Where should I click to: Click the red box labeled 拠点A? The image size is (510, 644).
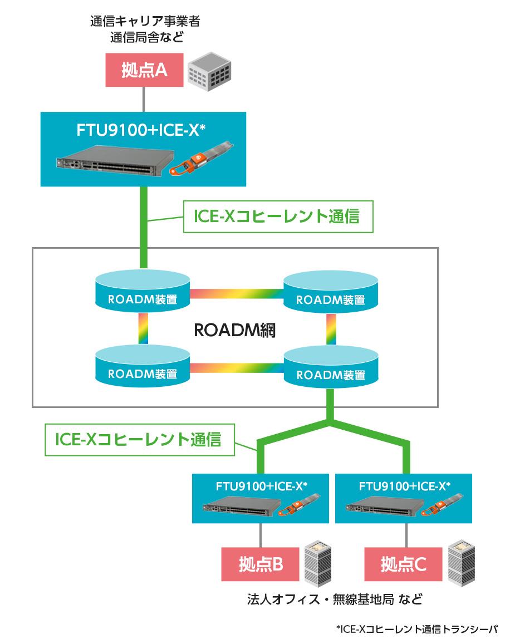(x=144, y=70)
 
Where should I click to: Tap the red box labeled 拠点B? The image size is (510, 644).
(x=261, y=564)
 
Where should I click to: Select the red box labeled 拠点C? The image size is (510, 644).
(x=404, y=564)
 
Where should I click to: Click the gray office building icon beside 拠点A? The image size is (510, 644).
(x=208, y=71)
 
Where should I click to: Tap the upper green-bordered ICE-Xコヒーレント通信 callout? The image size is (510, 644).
(x=278, y=217)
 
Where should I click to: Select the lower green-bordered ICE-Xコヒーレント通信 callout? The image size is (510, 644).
(x=139, y=440)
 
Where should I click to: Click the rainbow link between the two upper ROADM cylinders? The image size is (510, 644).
(x=237, y=293)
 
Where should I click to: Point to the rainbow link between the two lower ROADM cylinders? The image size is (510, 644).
(x=237, y=367)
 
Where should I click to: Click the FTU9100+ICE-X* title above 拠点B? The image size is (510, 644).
(x=261, y=485)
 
